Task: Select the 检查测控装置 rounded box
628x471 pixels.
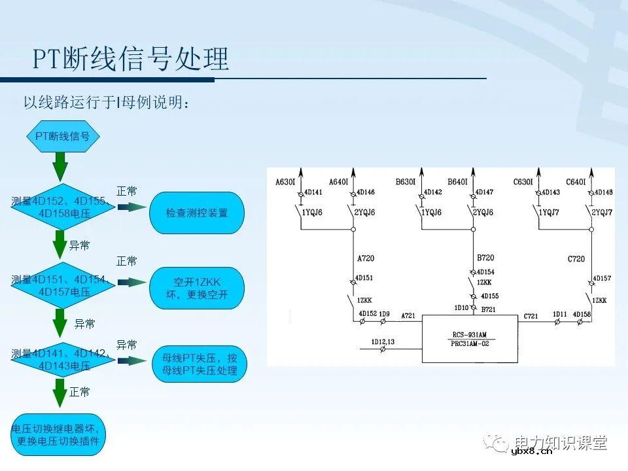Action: coord(196,213)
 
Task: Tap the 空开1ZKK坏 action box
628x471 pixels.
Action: coord(196,288)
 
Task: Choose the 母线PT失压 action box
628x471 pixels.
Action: coord(196,365)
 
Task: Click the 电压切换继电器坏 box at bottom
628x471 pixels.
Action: coord(58,434)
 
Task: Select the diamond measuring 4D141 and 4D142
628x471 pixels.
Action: coord(60,360)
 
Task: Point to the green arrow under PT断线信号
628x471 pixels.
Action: coord(60,166)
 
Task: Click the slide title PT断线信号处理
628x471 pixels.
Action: coord(131,59)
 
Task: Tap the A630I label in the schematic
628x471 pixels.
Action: coord(286,182)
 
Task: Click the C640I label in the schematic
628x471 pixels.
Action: coord(576,182)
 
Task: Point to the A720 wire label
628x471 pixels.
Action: coord(365,258)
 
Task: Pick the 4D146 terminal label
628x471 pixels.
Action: coord(366,192)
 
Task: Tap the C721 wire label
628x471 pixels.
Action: coord(531,317)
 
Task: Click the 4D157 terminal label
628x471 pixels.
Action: coord(602,278)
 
